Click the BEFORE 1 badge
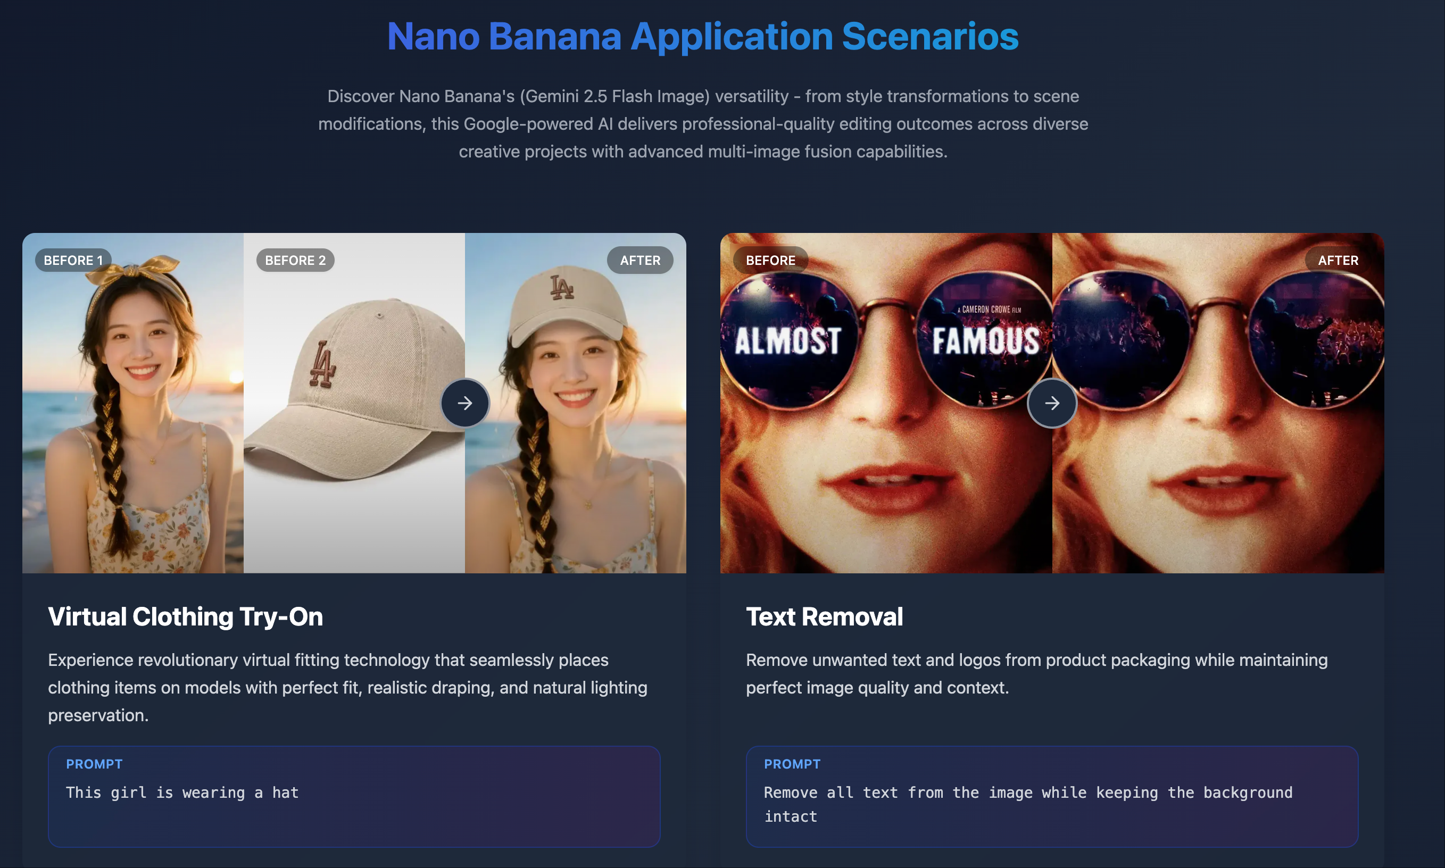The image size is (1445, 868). [x=73, y=260]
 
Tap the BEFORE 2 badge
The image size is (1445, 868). [x=295, y=260]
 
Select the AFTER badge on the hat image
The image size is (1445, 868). [x=640, y=260]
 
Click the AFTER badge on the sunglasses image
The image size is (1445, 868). [x=1338, y=260]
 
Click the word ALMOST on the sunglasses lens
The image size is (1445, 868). [x=787, y=341]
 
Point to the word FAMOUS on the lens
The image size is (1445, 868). [x=985, y=341]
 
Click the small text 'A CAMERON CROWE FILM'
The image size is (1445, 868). [x=989, y=310]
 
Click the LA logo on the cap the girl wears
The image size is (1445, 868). [x=561, y=287]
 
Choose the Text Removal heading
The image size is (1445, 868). [x=824, y=616]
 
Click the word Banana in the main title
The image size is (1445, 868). [x=554, y=36]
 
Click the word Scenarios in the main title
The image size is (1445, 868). [x=929, y=36]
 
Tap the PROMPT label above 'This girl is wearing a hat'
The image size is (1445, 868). [x=94, y=764]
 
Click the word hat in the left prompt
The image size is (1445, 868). [x=285, y=792]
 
